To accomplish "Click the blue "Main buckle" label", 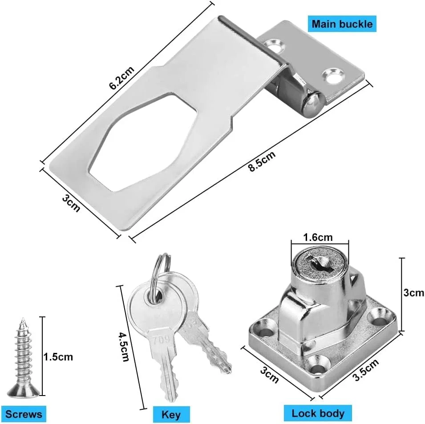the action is click(342, 24).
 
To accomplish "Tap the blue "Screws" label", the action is click(24, 414).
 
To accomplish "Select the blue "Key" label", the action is click(171, 415).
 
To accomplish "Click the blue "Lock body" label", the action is click(318, 413).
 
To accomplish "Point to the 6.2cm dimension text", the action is click(121, 78).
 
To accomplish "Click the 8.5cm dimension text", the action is click(262, 161).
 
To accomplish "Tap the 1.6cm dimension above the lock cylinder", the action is click(318, 237).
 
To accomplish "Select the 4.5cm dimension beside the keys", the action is click(124, 347).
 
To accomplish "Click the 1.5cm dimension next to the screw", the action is click(58, 357).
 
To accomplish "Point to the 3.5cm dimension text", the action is click(365, 370).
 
